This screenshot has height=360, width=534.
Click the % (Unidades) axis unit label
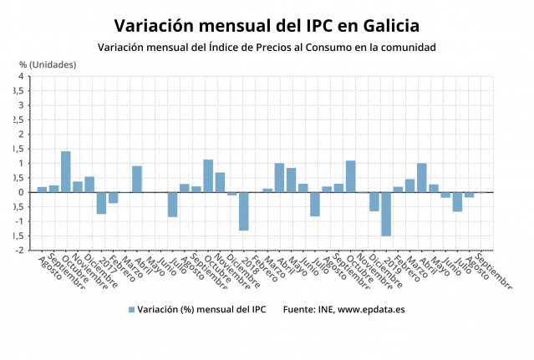pyautogui.click(x=48, y=64)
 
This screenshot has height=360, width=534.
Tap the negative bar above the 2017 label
pyautogui.click(x=101, y=203)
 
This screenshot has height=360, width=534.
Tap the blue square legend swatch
pyautogui.click(x=131, y=309)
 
